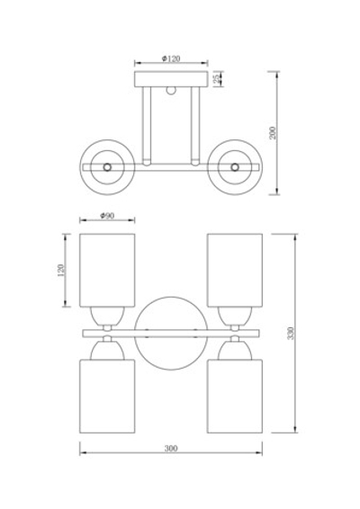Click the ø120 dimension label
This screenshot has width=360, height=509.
click(x=171, y=58)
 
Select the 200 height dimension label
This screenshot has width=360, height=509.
click(x=273, y=133)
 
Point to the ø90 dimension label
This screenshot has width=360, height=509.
click(x=107, y=216)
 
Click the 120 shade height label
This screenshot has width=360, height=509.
click(x=61, y=270)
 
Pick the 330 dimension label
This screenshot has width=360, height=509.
click(x=291, y=334)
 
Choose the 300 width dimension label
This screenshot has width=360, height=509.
click(x=171, y=448)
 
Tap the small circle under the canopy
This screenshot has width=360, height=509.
click(x=171, y=90)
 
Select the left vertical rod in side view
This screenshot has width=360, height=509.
click(x=147, y=126)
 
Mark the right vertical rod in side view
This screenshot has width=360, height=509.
click(x=195, y=126)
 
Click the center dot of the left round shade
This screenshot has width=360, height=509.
click(x=107, y=167)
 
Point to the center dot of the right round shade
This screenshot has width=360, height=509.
click(x=235, y=167)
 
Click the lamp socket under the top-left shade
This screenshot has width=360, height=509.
click(x=107, y=317)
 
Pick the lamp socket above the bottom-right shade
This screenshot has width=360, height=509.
click(x=235, y=350)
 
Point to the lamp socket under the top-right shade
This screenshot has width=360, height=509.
click(x=235, y=317)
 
